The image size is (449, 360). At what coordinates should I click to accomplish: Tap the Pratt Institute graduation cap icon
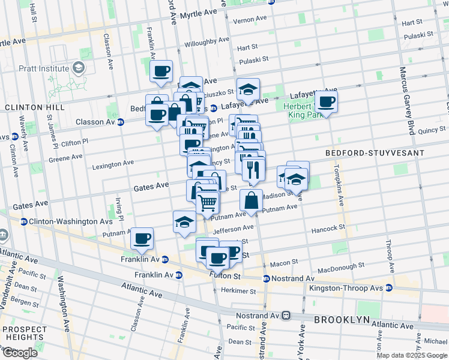(79, 68)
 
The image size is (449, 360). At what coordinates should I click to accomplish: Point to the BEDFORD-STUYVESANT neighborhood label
(375, 153)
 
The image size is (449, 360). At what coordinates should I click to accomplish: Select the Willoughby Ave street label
(207, 43)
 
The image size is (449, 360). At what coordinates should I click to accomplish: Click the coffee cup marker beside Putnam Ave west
(142, 239)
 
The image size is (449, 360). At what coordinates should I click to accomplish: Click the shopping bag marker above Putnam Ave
(252, 200)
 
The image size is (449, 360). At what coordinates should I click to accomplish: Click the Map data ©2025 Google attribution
(412, 355)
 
